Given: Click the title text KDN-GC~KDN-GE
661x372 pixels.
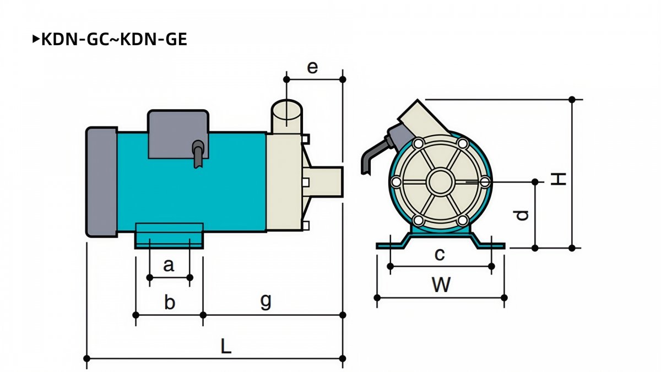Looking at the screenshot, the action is click(x=114, y=39).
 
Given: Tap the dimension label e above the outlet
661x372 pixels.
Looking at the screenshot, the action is click(x=312, y=68).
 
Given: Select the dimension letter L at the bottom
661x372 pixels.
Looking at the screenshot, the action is click(x=226, y=346).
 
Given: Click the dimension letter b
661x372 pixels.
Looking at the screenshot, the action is click(x=170, y=302).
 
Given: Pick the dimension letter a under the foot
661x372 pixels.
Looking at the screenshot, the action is click(x=169, y=265).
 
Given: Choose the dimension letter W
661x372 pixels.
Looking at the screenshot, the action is click(x=441, y=284).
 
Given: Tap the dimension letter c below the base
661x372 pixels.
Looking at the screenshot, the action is click(x=440, y=255).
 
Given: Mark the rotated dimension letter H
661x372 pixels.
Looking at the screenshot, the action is click(x=559, y=179).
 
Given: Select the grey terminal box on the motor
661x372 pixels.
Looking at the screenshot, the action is click(x=178, y=134).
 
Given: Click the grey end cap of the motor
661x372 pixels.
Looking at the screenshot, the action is click(x=101, y=182).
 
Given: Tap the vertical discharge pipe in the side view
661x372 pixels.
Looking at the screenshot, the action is click(x=286, y=117).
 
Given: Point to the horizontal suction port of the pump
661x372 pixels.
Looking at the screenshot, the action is click(x=323, y=182).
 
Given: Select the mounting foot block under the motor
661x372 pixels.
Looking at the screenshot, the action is click(x=169, y=236).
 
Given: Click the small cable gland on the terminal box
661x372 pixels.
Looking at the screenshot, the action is click(x=198, y=154).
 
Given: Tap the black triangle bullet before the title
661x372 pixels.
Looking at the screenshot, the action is click(x=36, y=39).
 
